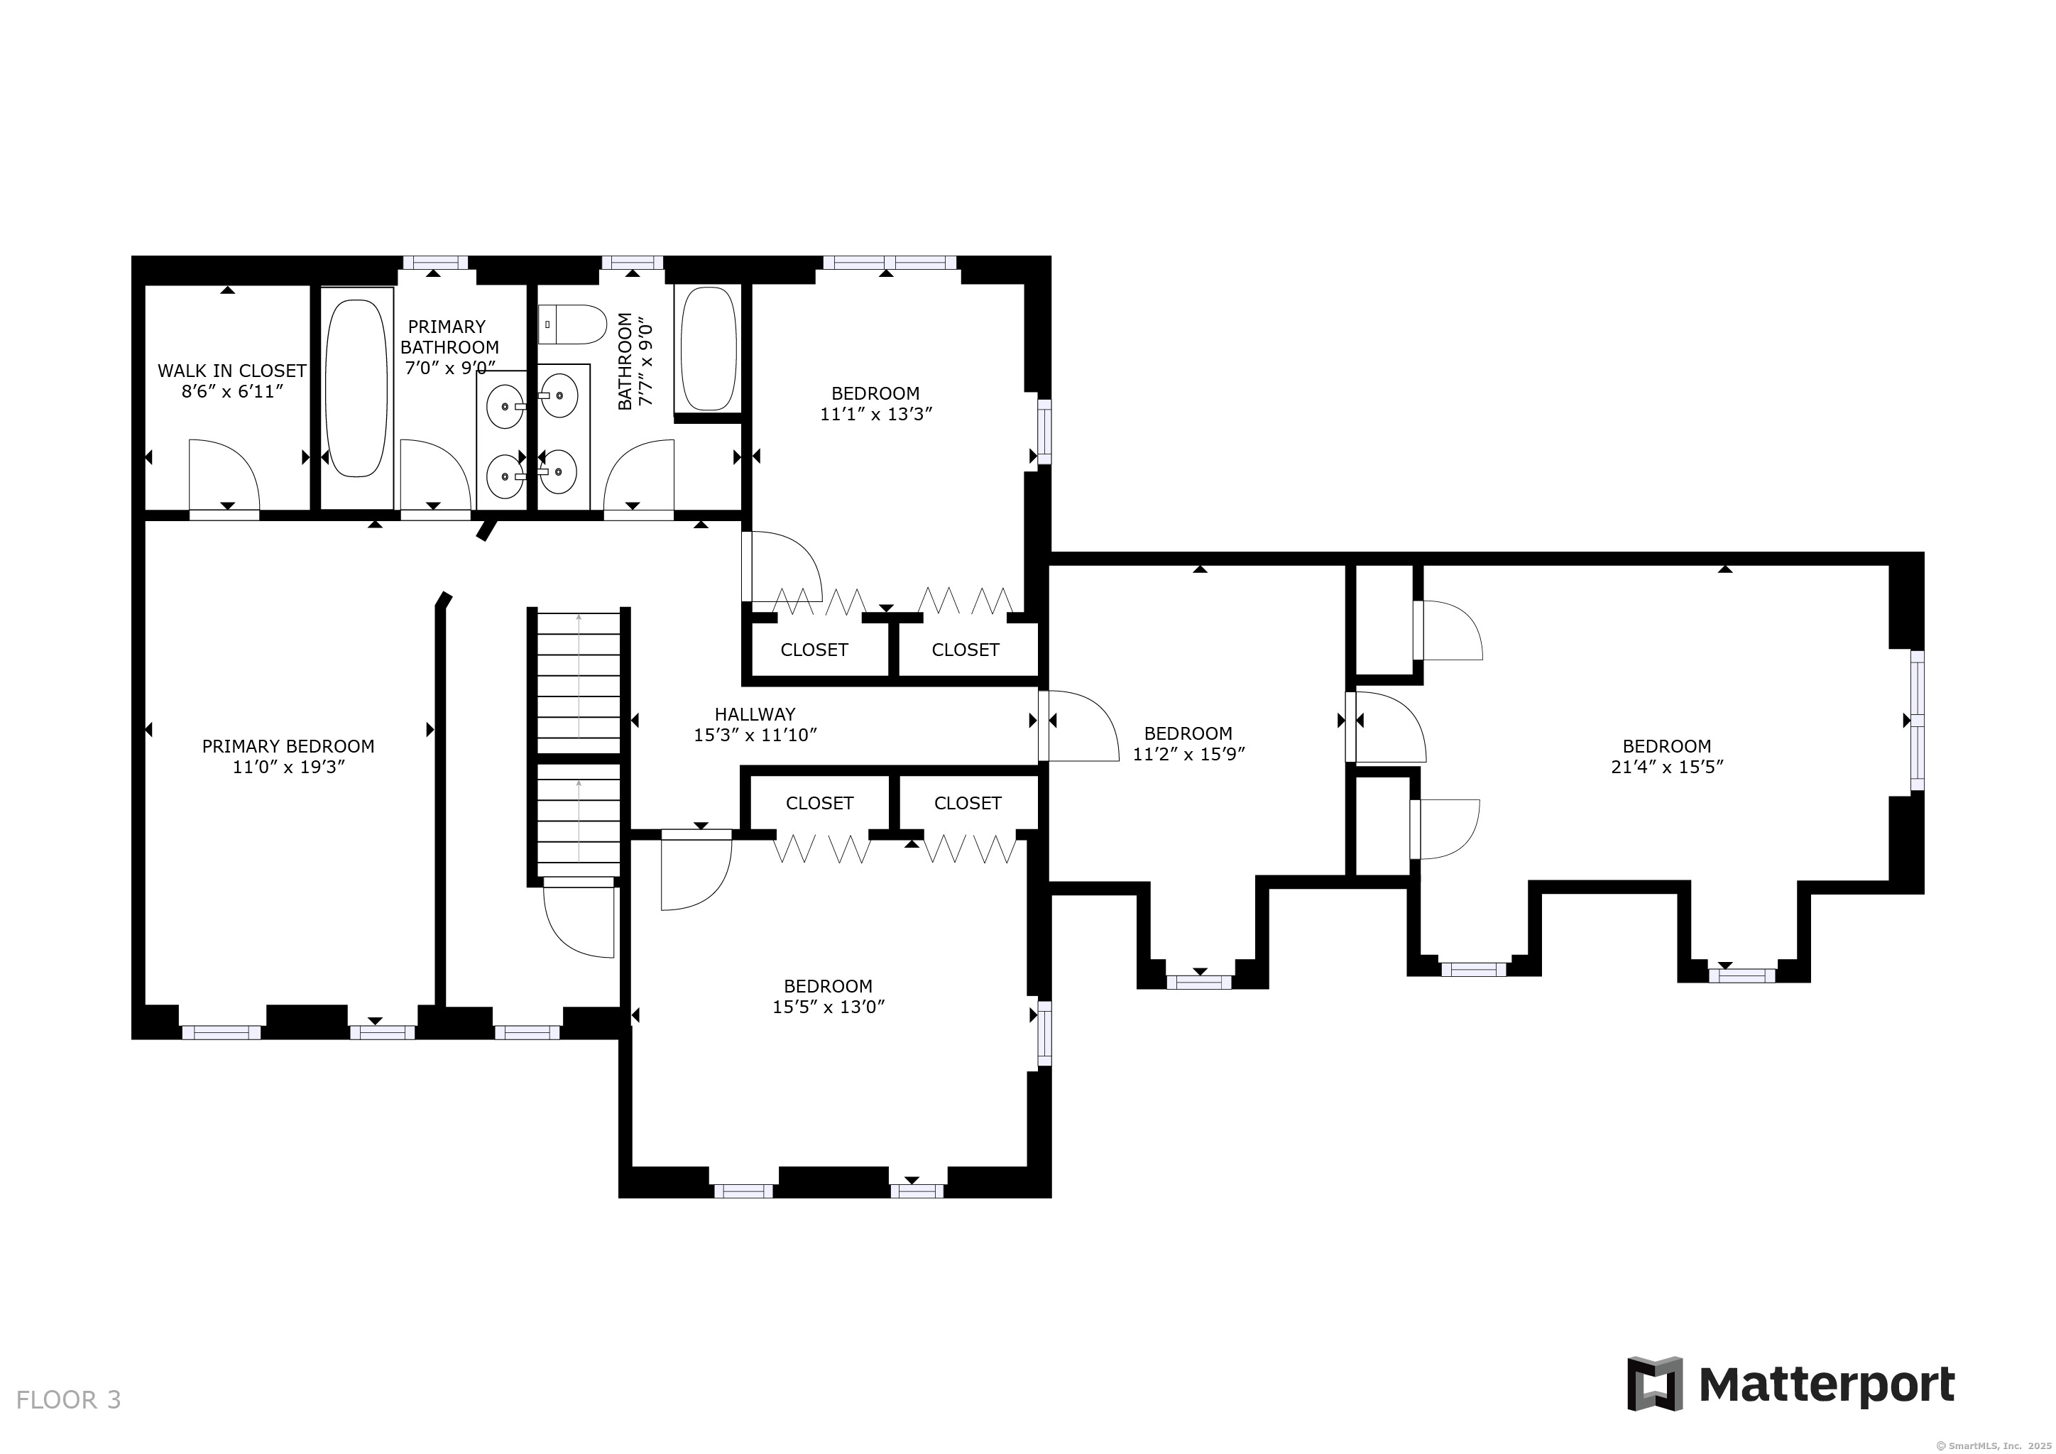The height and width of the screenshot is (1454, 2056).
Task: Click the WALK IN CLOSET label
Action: pyautogui.click(x=232, y=371)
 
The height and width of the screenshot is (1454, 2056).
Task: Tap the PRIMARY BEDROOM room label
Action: pyautogui.click(x=288, y=745)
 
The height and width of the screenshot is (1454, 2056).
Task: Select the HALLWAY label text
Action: pyautogui.click(x=755, y=714)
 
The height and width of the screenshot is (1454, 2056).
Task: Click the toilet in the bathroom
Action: pyautogui.click(x=573, y=325)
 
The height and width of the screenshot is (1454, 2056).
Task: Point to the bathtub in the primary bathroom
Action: pyautogui.click(x=356, y=388)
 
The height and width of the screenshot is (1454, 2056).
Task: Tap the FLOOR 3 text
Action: pyautogui.click(x=68, y=1399)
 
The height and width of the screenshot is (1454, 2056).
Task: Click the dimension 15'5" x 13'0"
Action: pyautogui.click(x=829, y=1006)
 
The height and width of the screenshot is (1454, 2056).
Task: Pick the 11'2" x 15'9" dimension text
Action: pyautogui.click(x=1189, y=754)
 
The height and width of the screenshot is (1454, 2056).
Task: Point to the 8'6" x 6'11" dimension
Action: pyautogui.click(x=232, y=391)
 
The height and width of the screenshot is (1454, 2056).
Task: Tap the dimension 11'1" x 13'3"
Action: pyautogui.click(x=877, y=414)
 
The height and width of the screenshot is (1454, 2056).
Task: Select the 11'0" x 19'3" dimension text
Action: pyautogui.click(x=288, y=766)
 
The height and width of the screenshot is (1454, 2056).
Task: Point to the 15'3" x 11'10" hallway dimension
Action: pyautogui.click(x=755, y=734)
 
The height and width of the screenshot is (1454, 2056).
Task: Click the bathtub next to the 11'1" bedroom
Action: pyautogui.click(x=709, y=349)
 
